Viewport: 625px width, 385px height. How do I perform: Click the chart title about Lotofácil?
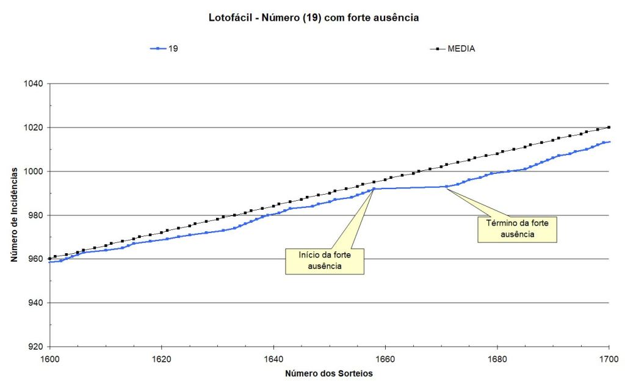(313, 18)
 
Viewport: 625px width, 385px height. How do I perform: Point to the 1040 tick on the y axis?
(33, 84)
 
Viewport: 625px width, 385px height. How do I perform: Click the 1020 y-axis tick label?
(33, 128)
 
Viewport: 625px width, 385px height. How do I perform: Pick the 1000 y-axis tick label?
(33, 171)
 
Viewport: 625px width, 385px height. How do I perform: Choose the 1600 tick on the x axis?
(49, 359)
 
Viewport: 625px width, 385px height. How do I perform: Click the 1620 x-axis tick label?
(161, 359)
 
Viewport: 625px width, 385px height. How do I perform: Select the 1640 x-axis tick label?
(273, 359)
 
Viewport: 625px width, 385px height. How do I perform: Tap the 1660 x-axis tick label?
(385, 359)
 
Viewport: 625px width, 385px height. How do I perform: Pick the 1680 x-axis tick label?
(497, 359)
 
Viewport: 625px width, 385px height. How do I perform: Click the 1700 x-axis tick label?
(609, 359)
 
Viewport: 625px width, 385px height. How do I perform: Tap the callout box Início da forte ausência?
(324, 261)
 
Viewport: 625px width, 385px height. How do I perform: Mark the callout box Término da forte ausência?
(517, 229)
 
